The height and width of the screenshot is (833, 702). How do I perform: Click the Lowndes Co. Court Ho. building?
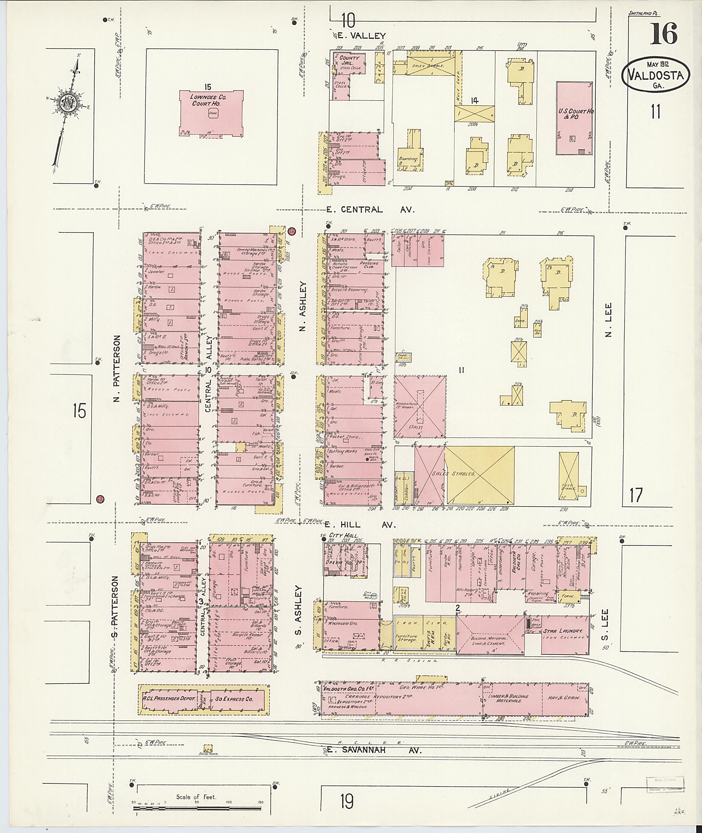click(x=211, y=114)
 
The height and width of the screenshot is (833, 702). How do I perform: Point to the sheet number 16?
click(x=663, y=34)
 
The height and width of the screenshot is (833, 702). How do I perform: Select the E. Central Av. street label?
click(x=370, y=210)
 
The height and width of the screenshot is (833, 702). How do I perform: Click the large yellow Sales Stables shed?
click(x=479, y=475)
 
